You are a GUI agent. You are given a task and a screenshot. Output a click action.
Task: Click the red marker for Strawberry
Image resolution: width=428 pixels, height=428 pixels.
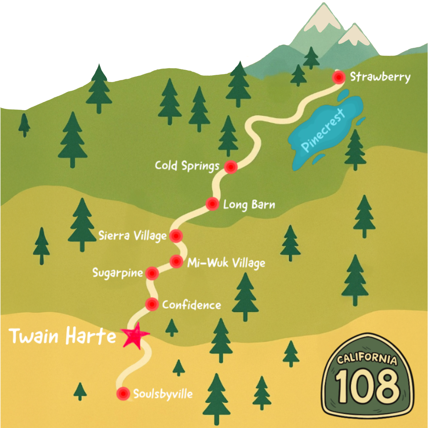pyautogui.click(x=338, y=78)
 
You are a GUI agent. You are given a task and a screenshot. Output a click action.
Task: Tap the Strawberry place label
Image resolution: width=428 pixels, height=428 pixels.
pyautogui.click(x=380, y=77)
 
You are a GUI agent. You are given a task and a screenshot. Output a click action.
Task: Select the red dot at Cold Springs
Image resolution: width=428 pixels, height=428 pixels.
pyautogui.click(x=231, y=167)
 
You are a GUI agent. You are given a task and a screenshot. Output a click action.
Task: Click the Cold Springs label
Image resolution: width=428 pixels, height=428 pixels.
pyautogui.click(x=187, y=166)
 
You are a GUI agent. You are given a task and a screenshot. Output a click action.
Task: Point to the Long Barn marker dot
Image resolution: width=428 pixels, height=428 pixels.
pyautogui.click(x=212, y=204)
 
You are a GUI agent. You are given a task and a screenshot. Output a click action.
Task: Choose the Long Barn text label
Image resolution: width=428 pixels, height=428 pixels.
pyautogui.click(x=249, y=205)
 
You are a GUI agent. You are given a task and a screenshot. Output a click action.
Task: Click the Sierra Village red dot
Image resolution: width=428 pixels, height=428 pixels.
pyautogui.click(x=176, y=236)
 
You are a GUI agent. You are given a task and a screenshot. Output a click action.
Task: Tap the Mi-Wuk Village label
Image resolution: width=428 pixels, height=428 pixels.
pyautogui.click(x=226, y=263)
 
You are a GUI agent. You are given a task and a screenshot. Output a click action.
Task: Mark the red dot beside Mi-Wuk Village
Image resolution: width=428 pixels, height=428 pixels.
pyautogui.click(x=176, y=262)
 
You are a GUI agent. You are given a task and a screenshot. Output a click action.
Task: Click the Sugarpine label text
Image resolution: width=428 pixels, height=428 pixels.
pyautogui.click(x=117, y=273)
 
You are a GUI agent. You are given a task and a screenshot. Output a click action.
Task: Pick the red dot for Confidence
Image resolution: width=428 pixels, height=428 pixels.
pyautogui.click(x=152, y=304)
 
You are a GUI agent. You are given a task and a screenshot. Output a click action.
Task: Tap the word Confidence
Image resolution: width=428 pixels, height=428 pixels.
pyautogui.click(x=191, y=305)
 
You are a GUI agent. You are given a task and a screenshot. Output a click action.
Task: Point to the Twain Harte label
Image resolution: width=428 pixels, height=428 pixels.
pyautogui.click(x=63, y=336)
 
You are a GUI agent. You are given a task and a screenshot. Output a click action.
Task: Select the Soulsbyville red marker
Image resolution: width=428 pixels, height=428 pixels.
pyautogui.click(x=123, y=394)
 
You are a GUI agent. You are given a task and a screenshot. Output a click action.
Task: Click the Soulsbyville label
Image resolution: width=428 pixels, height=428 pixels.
pyautogui.click(x=163, y=394)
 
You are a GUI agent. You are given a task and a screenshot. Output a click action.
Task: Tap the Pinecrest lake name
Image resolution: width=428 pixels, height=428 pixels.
pyautogui.click(x=323, y=129)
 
